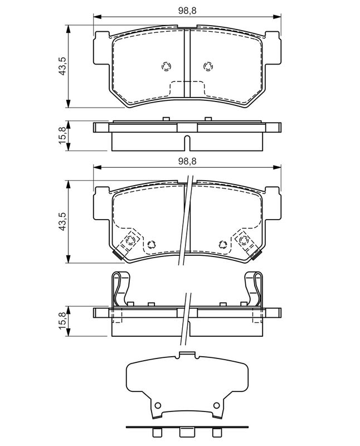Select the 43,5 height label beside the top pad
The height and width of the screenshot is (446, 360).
(64, 66)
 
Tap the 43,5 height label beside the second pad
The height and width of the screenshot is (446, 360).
(64, 221)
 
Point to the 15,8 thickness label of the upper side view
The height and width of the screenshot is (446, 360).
(64, 135)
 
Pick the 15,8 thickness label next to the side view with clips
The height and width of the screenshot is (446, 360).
(64, 322)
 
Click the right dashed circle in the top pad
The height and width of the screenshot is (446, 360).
(208, 66)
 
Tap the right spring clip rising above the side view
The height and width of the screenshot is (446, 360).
(255, 288)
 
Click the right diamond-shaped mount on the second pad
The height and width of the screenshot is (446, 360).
(244, 241)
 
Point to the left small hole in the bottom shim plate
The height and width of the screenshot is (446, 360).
(158, 405)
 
